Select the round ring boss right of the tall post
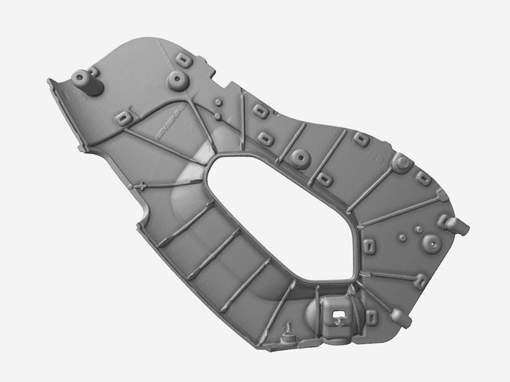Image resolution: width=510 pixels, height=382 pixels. coord(177,79)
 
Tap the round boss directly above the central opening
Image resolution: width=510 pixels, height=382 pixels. coord(300,157)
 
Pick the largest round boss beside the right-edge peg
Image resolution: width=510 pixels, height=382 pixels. coord(429,242)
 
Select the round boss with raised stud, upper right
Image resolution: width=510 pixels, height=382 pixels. coord(400,163)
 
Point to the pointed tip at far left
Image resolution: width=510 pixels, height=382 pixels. coord(50,81)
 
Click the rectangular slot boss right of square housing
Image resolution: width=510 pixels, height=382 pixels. coord(371,317)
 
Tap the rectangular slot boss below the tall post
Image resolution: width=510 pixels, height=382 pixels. coord(124,117)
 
